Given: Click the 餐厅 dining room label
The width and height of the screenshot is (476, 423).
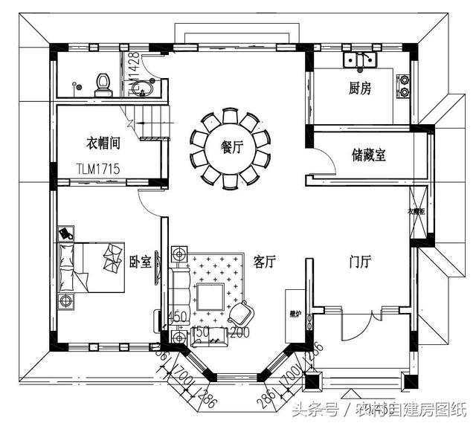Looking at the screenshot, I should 233,147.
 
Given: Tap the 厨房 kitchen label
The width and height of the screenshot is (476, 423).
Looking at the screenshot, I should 360,88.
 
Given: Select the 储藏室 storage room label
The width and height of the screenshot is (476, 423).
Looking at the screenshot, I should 369,155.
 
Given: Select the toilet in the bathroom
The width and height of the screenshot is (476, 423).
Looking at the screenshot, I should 103,85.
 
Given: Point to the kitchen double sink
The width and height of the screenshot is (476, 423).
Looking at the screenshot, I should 360,60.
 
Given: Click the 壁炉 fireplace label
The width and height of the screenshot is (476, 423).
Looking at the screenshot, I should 295,314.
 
